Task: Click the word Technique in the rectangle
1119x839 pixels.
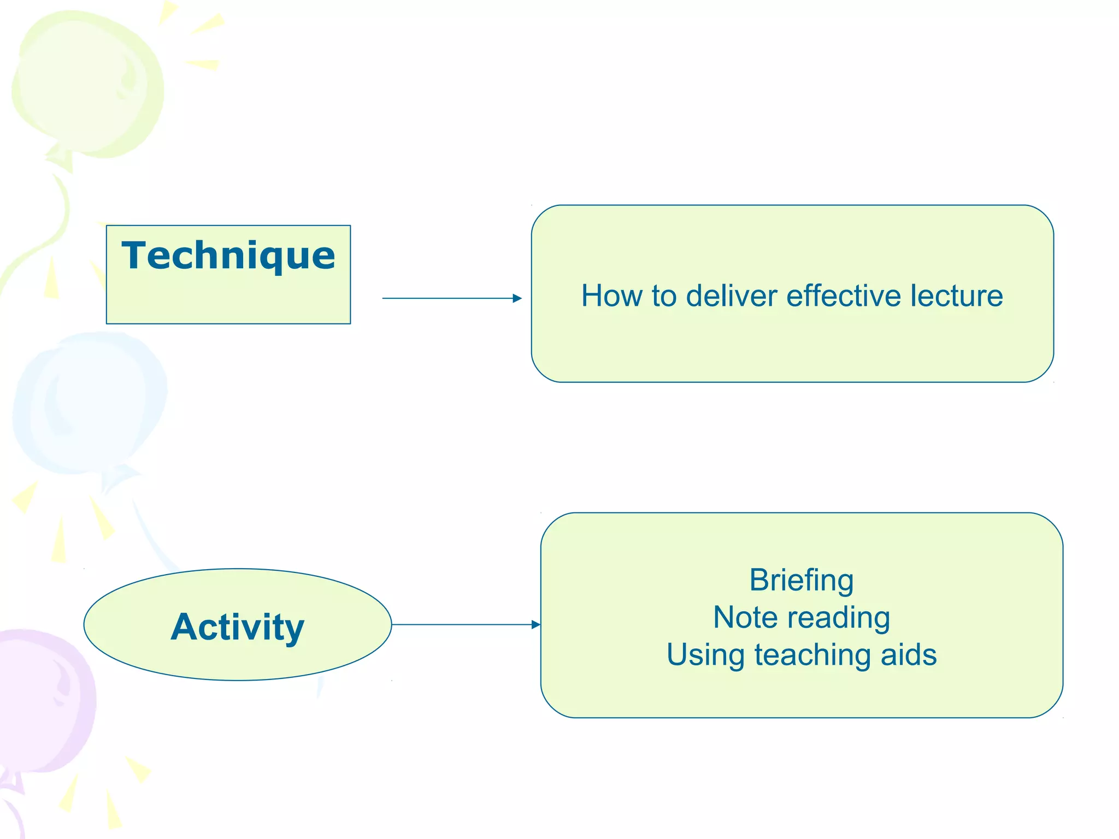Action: point(228,256)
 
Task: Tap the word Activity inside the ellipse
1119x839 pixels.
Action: point(237,627)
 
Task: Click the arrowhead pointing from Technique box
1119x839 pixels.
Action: point(517,298)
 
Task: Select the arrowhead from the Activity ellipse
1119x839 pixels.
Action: point(535,624)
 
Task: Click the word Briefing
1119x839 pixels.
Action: point(801,580)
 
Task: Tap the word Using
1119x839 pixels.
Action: point(705,655)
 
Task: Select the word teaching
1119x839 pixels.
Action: point(812,655)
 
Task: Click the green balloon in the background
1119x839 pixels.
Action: point(87,82)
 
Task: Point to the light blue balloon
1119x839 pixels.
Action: point(90,401)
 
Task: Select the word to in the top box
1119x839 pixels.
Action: point(664,296)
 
